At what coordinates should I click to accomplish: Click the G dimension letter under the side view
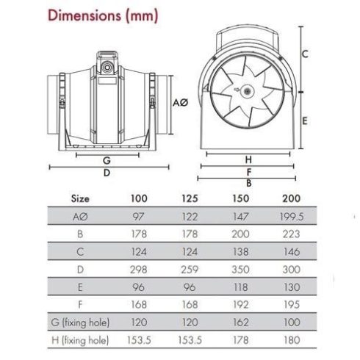[107, 159]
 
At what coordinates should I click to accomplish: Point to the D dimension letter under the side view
[107, 173]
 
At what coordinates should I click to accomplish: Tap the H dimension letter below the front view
[248, 159]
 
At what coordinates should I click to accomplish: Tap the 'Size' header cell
[80, 197]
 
